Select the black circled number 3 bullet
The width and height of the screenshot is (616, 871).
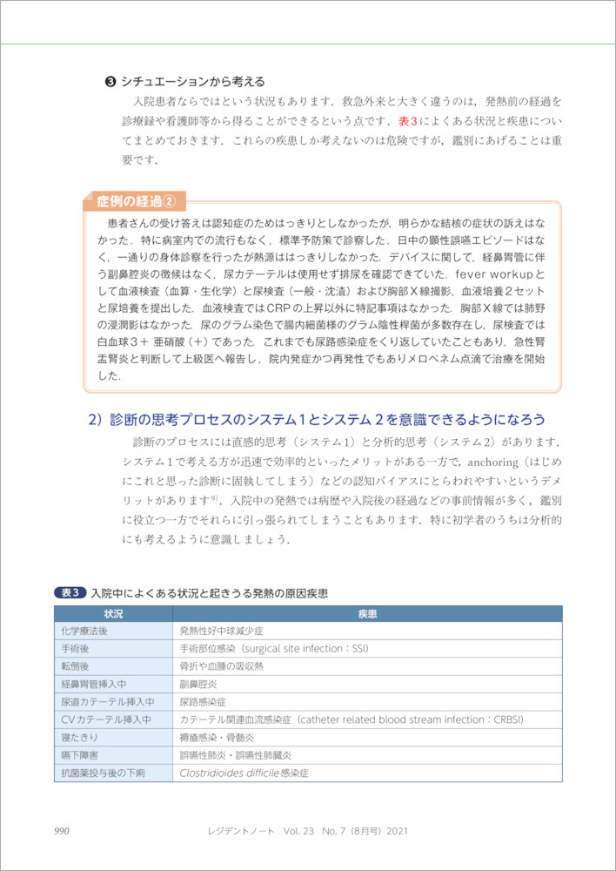click(x=110, y=82)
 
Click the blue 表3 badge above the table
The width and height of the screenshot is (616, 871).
click(x=70, y=592)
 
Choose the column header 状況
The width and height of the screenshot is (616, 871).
click(x=113, y=613)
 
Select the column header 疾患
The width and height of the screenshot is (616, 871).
click(x=367, y=613)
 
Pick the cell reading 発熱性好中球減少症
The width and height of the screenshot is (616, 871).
click(x=221, y=630)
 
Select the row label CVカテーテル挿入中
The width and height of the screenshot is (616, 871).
click(x=105, y=719)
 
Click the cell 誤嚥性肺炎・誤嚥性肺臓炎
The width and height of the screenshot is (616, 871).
click(x=234, y=755)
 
